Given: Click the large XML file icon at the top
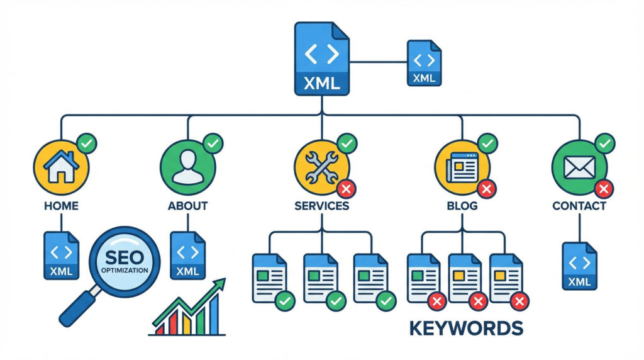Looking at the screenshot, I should [x=321, y=60].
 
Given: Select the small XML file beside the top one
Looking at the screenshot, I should [x=424, y=63].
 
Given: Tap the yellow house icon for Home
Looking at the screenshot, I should [x=61, y=166].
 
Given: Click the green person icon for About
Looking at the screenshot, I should [x=188, y=166].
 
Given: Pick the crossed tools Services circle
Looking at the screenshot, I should [x=321, y=166].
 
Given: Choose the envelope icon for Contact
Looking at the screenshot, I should [x=579, y=166].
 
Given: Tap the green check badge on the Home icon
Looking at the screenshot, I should [x=86, y=144].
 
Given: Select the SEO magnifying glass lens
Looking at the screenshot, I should [x=123, y=261].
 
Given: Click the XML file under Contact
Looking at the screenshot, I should [x=579, y=266].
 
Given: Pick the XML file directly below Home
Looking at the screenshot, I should [x=61, y=256].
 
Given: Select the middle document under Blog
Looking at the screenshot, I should [x=465, y=278].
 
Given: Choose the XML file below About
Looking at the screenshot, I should [x=188, y=256].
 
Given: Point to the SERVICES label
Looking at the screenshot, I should [x=321, y=206].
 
